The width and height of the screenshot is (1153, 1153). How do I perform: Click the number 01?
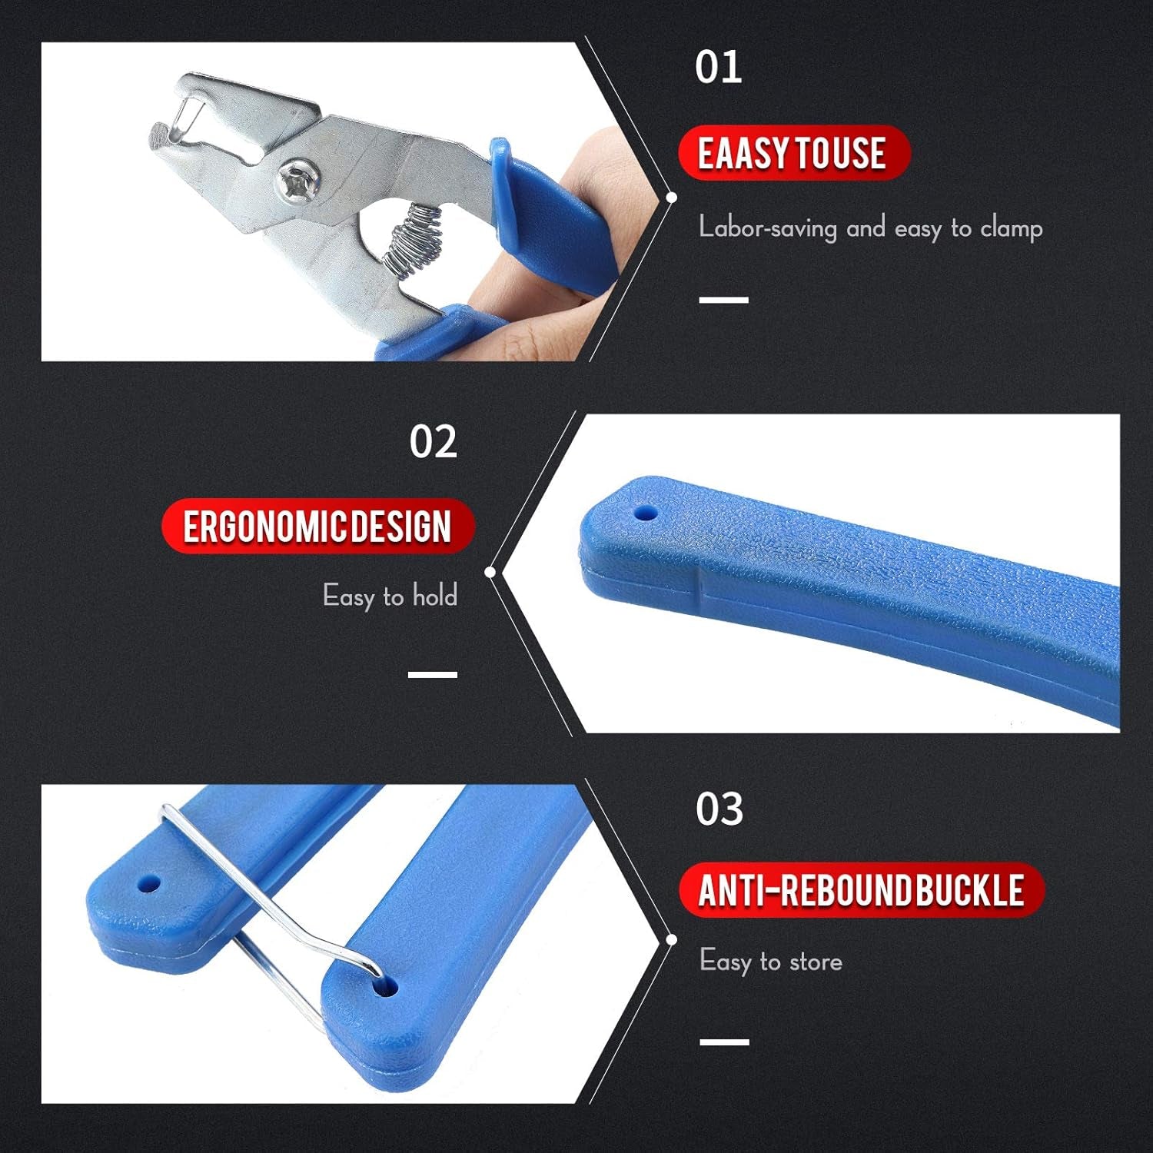(x=718, y=68)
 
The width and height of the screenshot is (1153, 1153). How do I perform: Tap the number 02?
(x=433, y=442)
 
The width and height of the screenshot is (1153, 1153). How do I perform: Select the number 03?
(x=719, y=809)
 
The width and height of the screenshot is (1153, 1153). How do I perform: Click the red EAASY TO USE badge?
(x=793, y=152)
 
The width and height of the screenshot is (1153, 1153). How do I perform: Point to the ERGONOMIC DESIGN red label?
(x=317, y=527)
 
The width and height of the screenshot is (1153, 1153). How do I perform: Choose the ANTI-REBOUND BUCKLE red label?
(x=861, y=890)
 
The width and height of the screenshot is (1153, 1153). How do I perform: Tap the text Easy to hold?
(x=390, y=596)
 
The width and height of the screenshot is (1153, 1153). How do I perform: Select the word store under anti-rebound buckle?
(x=816, y=962)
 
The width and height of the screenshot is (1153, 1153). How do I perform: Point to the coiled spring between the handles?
(x=415, y=240)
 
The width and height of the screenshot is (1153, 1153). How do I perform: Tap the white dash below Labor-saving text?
(x=723, y=300)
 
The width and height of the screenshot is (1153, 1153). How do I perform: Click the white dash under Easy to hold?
(x=433, y=674)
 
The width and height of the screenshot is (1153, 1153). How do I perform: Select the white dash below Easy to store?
(x=724, y=1042)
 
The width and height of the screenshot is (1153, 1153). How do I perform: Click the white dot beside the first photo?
(x=671, y=198)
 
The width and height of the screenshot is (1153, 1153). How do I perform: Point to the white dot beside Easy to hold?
(x=490, y=572)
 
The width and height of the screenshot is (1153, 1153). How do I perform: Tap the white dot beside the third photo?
(x=671, y=939)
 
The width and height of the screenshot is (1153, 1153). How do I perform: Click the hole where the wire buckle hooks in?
(x=386, y=986)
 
